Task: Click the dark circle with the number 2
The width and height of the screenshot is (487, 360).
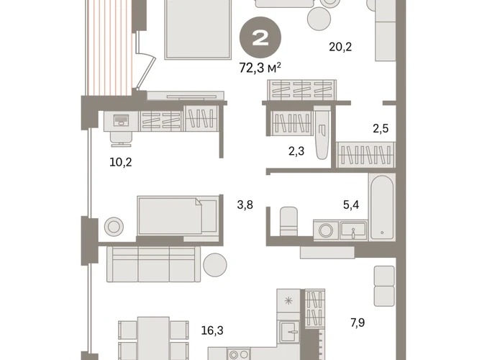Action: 260,37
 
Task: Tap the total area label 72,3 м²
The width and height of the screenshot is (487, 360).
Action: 260,68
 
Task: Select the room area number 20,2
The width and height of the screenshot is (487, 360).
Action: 340,47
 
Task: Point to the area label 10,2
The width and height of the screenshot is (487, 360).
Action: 121,162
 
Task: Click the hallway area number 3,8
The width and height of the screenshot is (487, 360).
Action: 245,205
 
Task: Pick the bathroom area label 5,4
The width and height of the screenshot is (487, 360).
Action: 351,204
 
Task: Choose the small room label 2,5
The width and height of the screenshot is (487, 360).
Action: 381,128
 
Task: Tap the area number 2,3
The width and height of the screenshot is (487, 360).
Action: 296,151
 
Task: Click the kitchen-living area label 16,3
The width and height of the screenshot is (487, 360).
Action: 212,330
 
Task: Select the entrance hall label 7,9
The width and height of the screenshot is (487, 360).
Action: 358,323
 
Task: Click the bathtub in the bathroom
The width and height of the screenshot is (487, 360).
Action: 382,207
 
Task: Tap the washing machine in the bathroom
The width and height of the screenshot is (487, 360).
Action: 326,230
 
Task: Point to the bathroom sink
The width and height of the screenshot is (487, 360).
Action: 353,230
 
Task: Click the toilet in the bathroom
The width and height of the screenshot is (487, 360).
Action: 288,221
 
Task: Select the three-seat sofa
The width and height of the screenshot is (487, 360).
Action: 153,264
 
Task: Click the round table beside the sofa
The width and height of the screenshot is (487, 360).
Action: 215,265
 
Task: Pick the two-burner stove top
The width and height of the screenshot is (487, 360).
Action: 239,354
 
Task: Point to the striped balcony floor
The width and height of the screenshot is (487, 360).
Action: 110,48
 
